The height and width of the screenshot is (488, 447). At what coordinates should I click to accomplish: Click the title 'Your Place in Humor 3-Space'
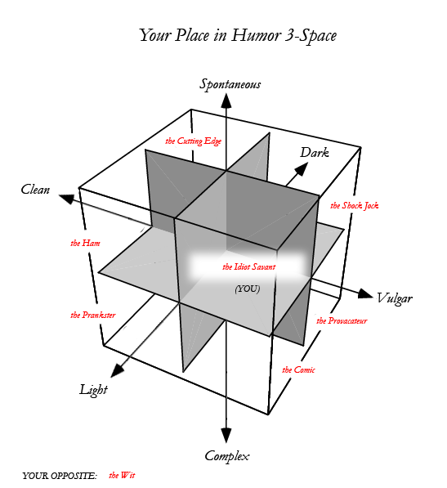point(238,35)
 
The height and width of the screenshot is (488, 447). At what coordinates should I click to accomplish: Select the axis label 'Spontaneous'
point(230,84)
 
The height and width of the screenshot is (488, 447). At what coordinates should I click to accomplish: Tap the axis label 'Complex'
point(227,456)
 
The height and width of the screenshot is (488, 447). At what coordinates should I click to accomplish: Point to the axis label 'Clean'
point(35,189)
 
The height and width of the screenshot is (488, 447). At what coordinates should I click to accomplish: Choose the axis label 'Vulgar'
point(395,298)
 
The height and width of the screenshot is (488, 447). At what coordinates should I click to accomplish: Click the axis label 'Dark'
point(315,153)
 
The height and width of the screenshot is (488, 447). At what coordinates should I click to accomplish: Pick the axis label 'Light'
point(94,390)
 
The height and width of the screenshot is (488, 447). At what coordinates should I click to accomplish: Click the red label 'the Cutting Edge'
point(193,141)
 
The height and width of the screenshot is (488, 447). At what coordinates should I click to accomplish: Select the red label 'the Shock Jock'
point(355,205)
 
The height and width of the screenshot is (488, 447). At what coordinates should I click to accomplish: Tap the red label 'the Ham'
point(85,243)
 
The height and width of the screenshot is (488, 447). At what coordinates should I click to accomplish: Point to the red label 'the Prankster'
point(93,315)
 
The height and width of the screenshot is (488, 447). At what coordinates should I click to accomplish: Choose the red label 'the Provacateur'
point(342,320)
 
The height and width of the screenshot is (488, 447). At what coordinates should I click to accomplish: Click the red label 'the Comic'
point(298,369)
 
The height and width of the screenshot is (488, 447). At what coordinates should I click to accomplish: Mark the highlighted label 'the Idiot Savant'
point(249,266)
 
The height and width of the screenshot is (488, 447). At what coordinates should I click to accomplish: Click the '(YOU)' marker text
point(248,289)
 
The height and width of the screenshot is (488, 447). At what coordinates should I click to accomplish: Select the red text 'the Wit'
point(122,475)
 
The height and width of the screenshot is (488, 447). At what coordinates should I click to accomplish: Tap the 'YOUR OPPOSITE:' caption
point(60,476)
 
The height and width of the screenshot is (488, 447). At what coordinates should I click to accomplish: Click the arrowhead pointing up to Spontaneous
point(226,101)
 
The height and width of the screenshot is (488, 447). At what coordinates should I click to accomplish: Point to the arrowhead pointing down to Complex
point(226,435)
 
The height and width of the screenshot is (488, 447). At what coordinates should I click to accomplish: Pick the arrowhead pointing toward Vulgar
point(365,293)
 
